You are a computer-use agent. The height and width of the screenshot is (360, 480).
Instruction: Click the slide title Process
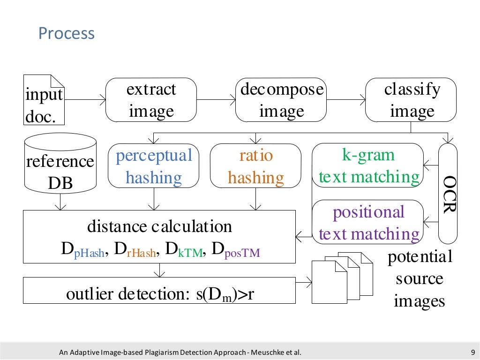(x=66, y=34)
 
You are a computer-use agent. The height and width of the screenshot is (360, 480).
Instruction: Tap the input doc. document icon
(x=44, y=100)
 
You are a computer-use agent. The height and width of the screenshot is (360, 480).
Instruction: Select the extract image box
(x=151, y=100)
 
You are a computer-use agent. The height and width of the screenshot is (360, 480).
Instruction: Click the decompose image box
(x=281, y=100)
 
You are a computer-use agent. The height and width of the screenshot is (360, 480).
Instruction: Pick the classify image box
(x=412, y=100)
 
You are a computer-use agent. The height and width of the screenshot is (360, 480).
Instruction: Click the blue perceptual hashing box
(x=154, y=166)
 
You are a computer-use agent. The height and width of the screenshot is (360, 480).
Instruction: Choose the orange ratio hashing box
(x=255, y=166)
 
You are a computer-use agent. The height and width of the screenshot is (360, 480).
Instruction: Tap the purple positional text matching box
(x=368, y=222)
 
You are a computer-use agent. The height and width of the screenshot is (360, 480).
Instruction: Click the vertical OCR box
(x=448, y=194)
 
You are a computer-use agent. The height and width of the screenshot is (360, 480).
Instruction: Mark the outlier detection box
(x=159, y=290)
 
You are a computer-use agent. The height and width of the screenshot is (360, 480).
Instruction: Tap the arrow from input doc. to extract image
(x=84, y=100)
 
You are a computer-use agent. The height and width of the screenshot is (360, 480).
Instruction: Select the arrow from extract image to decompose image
(x=216, y=100)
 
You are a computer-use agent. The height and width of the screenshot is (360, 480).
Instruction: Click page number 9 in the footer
(x=472, y=352)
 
